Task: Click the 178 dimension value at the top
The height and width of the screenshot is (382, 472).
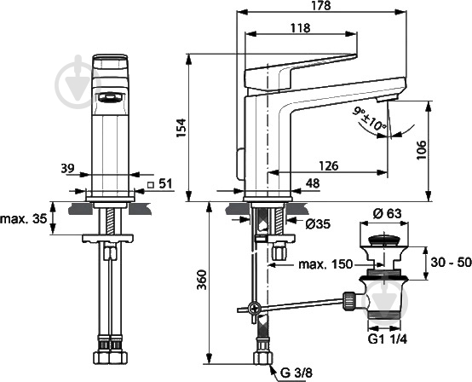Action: pyautogui.click(x=321, y=5)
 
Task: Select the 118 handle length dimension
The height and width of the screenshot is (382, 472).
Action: pyautogui.click(x=301, y=28)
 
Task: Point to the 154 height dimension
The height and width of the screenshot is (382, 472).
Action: pyautogui.click(x=181, y=128)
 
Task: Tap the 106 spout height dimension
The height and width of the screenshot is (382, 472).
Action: pyautogui.click(x=422, y=150)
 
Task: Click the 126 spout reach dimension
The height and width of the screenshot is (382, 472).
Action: pyautogui.click(x=328, y=165)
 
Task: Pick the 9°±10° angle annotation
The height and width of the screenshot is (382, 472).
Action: pyautogui.click(x=370, y=120)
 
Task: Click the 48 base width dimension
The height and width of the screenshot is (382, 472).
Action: pyautogui.click(x=313, y=183)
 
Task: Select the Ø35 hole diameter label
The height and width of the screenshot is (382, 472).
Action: pyautogui.click(x=318, y=224)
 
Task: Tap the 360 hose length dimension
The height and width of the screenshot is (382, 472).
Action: pyautogui.click(x=202, y=280)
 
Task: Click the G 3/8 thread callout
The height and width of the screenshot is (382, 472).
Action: pyautogui.click(x=296, y=373)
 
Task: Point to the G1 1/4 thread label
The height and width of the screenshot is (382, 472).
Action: pyautogui.click(x=388, y=339)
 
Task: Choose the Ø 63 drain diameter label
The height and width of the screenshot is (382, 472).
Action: pyautogui.click(x=387, y=213)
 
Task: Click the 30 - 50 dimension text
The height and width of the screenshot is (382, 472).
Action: pyautogui.click(x=451, y=263)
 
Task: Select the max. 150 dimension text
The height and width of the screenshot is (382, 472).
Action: pyautogui.click(x=325, y=264)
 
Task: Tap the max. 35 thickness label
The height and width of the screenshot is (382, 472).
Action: pyautogui.click(x=24, y=219)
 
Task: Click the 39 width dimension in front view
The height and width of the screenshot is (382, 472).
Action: pyautogui.click(x=67, y=168)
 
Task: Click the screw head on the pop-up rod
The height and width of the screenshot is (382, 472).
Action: pyautogui.click(x=255, y=308)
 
